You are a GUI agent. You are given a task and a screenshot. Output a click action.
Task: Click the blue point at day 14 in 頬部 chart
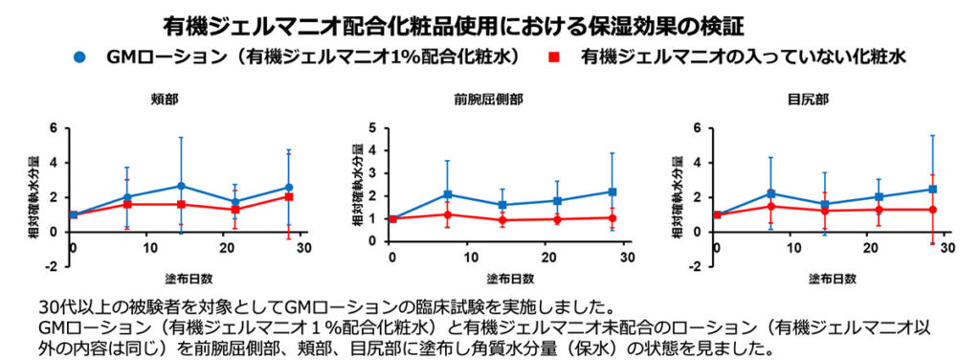click(x=181, y=186)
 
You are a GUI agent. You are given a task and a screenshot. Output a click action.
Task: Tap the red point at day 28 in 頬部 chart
click(x=288, y=196)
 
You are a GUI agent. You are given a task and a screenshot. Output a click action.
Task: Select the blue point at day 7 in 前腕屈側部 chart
click(x=447, y=194)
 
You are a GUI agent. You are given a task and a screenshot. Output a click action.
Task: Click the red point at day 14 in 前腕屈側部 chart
click(x=502, y=220)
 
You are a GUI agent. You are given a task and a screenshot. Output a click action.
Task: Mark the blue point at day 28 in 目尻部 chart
click(x=932, y=190)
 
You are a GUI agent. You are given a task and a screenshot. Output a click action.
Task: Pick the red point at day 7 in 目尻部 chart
click(x=770, y=206)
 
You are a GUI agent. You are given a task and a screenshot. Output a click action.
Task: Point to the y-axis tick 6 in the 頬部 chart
click(x=55, y=127)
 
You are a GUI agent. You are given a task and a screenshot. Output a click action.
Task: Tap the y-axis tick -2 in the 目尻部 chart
click(x=687, y=266)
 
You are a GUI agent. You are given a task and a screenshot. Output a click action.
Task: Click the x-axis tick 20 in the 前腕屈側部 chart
click(x=547, y=259)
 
